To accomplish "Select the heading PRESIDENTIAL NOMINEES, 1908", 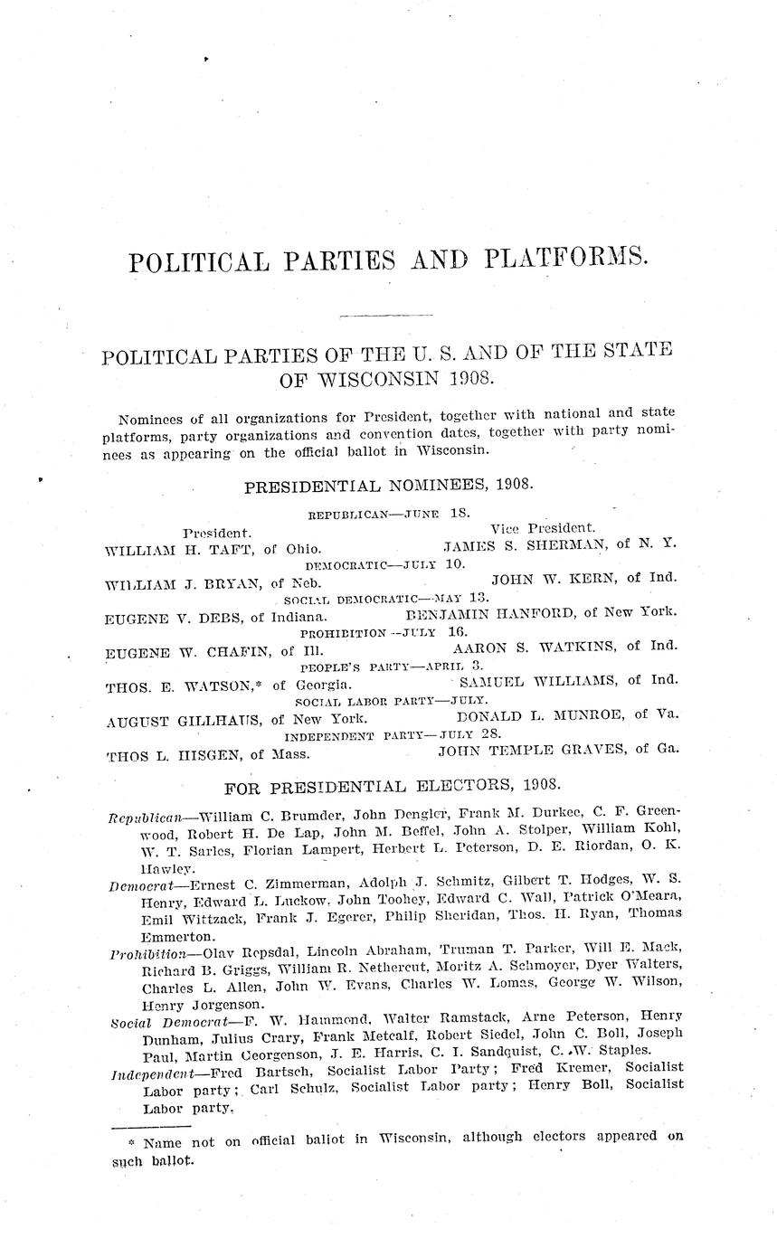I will (389, 487).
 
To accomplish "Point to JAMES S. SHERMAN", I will (526, 544).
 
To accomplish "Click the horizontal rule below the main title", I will (384, 316).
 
